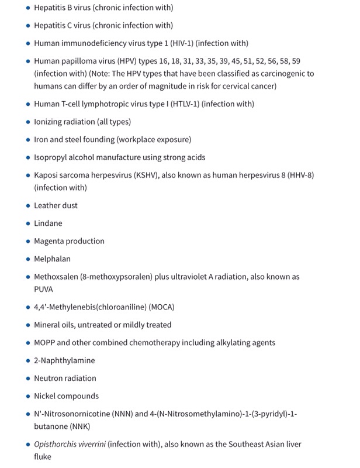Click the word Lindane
coord(48,223)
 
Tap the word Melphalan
coord(52,259)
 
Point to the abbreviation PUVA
coord(44,289)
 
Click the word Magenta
coord(51,241)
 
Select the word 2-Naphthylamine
coord(64,360)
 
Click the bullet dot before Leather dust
coord(27,206)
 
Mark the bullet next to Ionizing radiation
coord(27,122)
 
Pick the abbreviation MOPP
coord(46,343)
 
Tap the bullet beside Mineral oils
coord(27,325)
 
